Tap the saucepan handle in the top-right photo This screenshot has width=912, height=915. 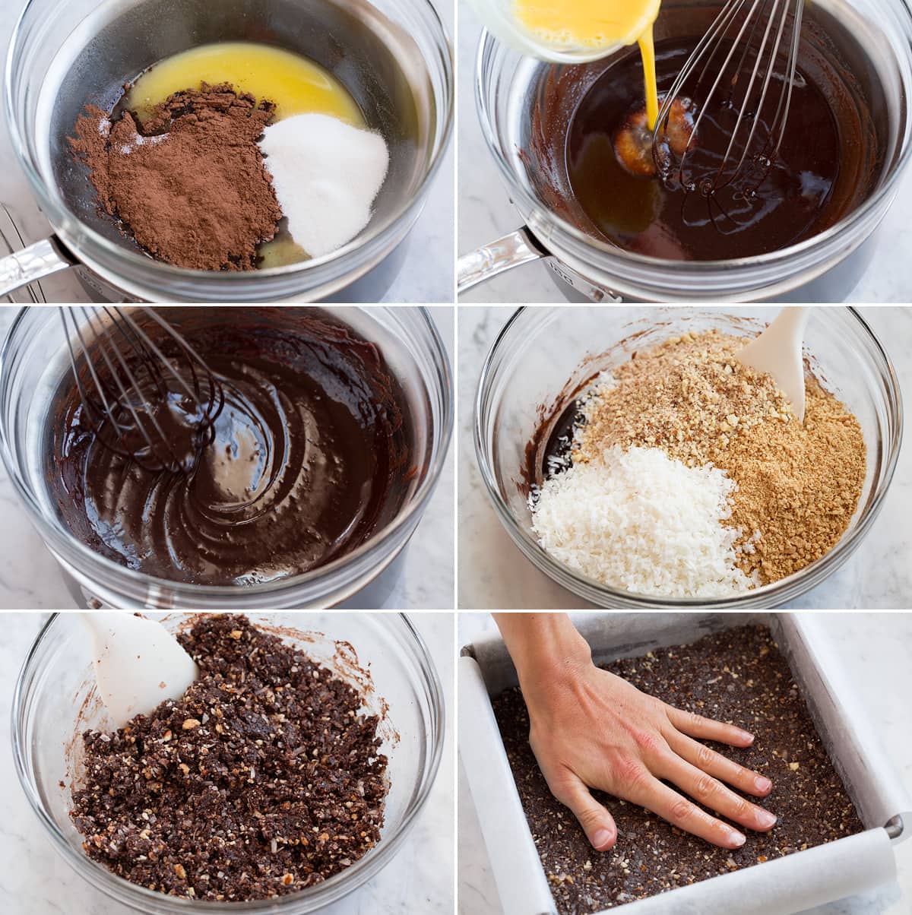pos(494,262)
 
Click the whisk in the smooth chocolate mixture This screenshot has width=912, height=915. pos(144,388)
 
